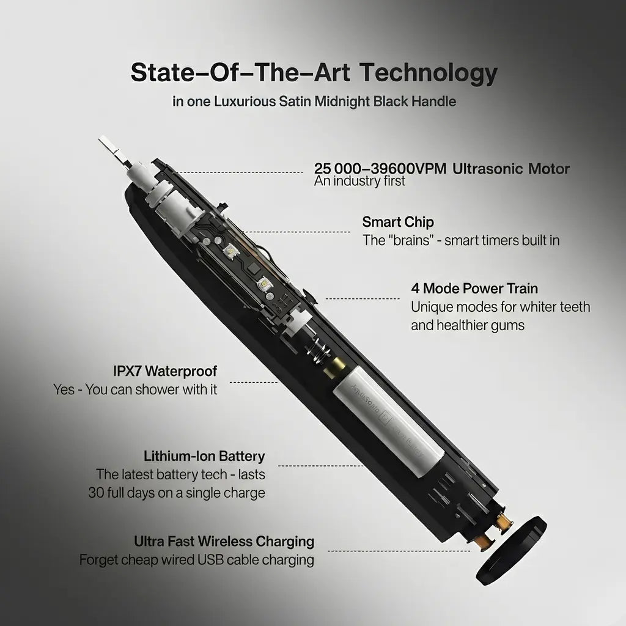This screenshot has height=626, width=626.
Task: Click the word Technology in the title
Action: point(427,73)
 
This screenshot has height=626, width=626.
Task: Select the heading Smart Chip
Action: point(398,221)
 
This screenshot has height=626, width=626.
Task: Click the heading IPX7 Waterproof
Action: point(165,371)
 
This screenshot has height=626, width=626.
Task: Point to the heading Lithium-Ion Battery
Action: point(204,456)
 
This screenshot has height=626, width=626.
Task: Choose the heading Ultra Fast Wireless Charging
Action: point(224,541)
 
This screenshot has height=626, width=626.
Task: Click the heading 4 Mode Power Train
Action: point(474,288)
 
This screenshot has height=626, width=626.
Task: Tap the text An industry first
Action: point(359,181)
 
